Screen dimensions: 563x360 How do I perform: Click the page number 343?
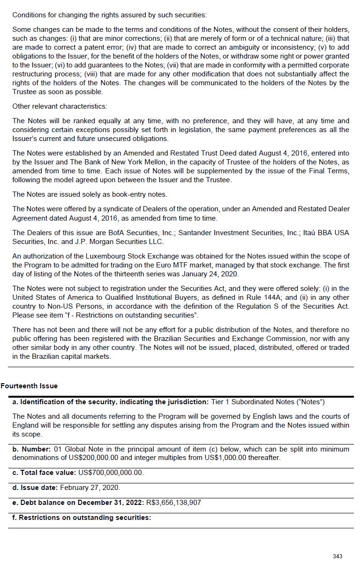pos(337,556)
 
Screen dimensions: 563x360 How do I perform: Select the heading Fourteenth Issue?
pos(29,386)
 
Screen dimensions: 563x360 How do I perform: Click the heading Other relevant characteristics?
pos(59,106)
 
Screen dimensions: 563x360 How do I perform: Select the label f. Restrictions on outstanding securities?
pos(82,518)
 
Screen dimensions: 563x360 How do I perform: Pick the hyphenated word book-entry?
pos(120,194)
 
